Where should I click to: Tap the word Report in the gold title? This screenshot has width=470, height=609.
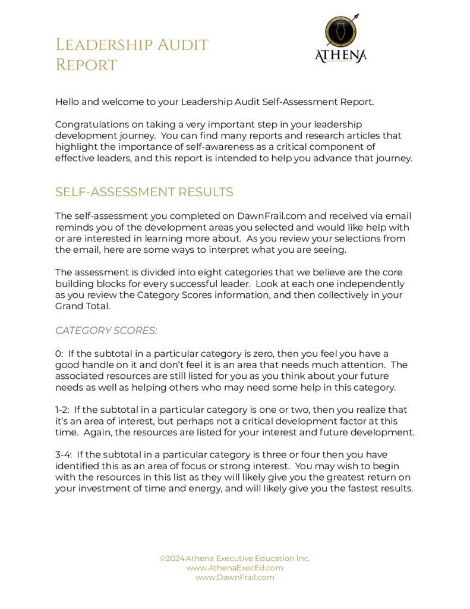pyautogui.click(x=86, y=65)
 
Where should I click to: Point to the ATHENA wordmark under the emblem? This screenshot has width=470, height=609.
pyautogui.click(x=340, y=56)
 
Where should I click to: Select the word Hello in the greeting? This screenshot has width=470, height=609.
pyautogui.click(x=68, y=102)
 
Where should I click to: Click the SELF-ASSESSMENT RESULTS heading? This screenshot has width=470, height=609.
pyautogui.click(x=144, y=192)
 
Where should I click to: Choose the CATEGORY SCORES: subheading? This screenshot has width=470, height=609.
pyautogui.click(x=106, y=330)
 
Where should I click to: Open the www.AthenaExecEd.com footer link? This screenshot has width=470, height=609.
pyautogui.click(x=235, y=568)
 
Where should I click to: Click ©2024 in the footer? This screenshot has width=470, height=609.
pyautogui.click(x=172, y=558)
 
